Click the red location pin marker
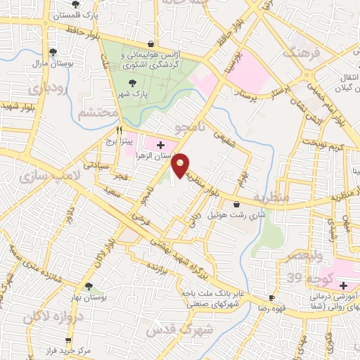(181, 165)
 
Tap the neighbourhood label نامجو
(191, 127)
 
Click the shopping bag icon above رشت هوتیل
(245, 204)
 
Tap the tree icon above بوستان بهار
(89, 286)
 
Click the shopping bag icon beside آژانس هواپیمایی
(151, 44)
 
